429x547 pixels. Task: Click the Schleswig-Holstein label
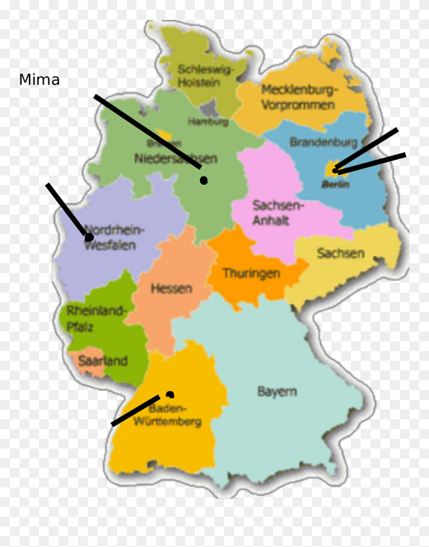pyautogui.click(x=205, y=76)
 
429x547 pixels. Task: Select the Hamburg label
pyautogui.click(x=208, y=122)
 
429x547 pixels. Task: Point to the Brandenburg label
pyautogui.click(x=323, y=142)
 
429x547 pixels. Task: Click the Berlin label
pyautogui.click(x=335, y=185)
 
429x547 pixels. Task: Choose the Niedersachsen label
pyautogui.click(x=175, y=158)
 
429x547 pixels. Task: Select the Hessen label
pyautogui.click(x=171, y=288)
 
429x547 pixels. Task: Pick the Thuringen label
pyautogui.click(x=252, y=273)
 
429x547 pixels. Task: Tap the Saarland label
pyautogui.click(x=103, y=361)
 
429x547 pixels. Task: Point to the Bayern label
pyautogui.click(x=277, y=391)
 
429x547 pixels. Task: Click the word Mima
pyautogui.click(x=39, y=80)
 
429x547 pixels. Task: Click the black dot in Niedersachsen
pyautogui.click(x=204, y=180)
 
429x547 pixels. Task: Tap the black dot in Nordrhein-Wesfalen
pyautogui.click(x=89, y=237)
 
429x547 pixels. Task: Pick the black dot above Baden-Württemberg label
pyautogui.click(x=170, y=394)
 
